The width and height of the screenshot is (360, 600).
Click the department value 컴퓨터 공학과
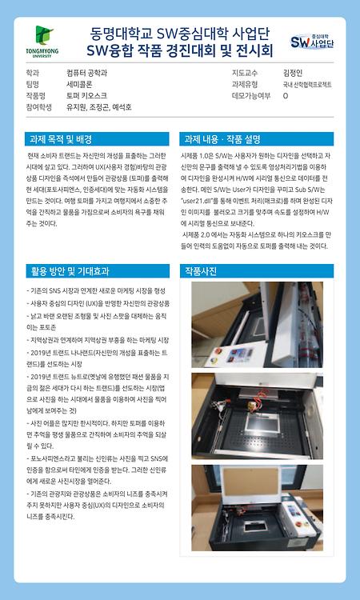pos(87,72)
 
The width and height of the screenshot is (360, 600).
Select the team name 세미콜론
pos(82,83)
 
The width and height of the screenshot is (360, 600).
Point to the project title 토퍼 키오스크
pos(86,94)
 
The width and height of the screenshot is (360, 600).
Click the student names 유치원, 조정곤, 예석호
pos(99,106)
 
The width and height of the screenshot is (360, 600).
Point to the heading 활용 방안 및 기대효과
pos(68,270)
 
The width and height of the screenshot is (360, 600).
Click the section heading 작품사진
pos(202,270)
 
